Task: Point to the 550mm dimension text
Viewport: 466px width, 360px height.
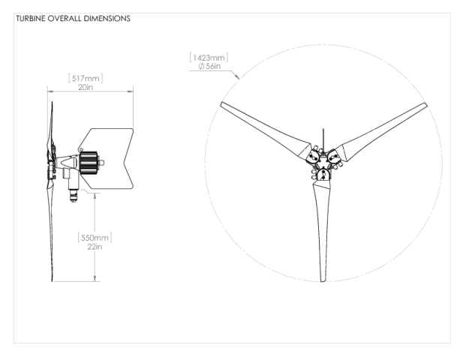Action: tap(95, 238)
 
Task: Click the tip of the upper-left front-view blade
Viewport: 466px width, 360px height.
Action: tap(221, 103)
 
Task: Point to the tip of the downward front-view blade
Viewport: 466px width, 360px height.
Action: tap(323, 280)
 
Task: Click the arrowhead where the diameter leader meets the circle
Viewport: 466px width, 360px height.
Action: tap(238, 77)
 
